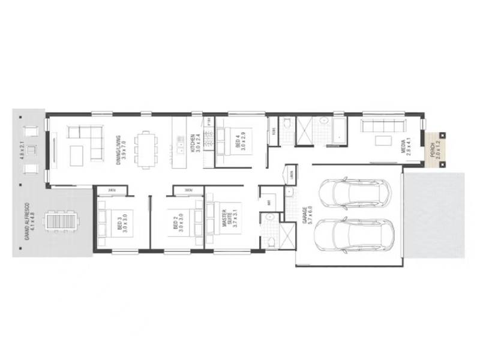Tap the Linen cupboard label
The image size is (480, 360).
[x=293, y=174]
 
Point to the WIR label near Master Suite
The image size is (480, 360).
[x=269, y=202]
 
